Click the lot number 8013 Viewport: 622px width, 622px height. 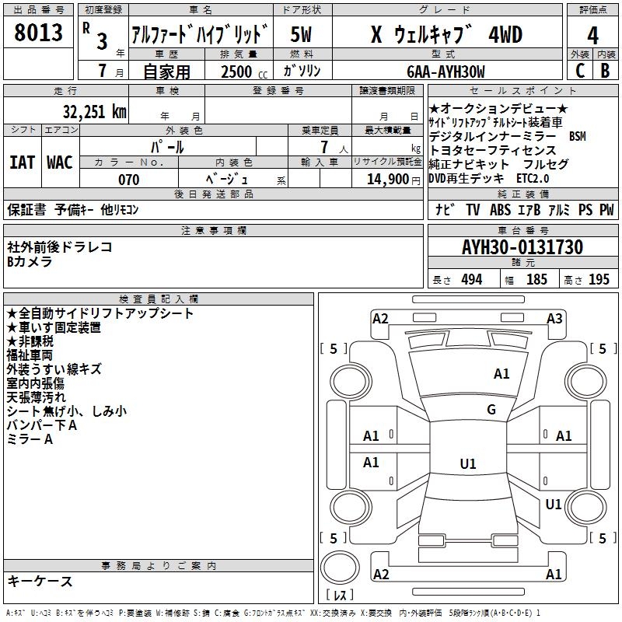38,34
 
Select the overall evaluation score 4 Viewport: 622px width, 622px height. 593,36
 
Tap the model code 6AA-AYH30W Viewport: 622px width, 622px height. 446,72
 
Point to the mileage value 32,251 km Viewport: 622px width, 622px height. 94,112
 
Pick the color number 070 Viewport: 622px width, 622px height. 128,180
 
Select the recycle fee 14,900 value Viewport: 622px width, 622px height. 393,180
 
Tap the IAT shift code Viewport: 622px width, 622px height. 21,162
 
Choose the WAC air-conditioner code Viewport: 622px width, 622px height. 59,162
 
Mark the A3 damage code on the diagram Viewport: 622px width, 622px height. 554,318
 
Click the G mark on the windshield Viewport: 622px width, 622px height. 491,410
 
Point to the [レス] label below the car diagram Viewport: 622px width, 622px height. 340,596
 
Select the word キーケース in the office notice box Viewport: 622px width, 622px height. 40,581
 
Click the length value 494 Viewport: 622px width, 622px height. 471,279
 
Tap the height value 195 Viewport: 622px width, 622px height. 599,279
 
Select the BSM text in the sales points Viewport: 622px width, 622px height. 577,136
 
